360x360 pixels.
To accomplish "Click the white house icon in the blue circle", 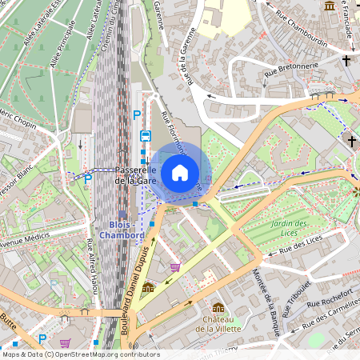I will (x=180, y=173).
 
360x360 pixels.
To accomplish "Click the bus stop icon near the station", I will (x=146, y=137).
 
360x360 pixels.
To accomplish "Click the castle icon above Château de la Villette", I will (x=218, y=308).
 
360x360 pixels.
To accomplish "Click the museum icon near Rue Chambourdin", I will (x=329, y=6).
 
